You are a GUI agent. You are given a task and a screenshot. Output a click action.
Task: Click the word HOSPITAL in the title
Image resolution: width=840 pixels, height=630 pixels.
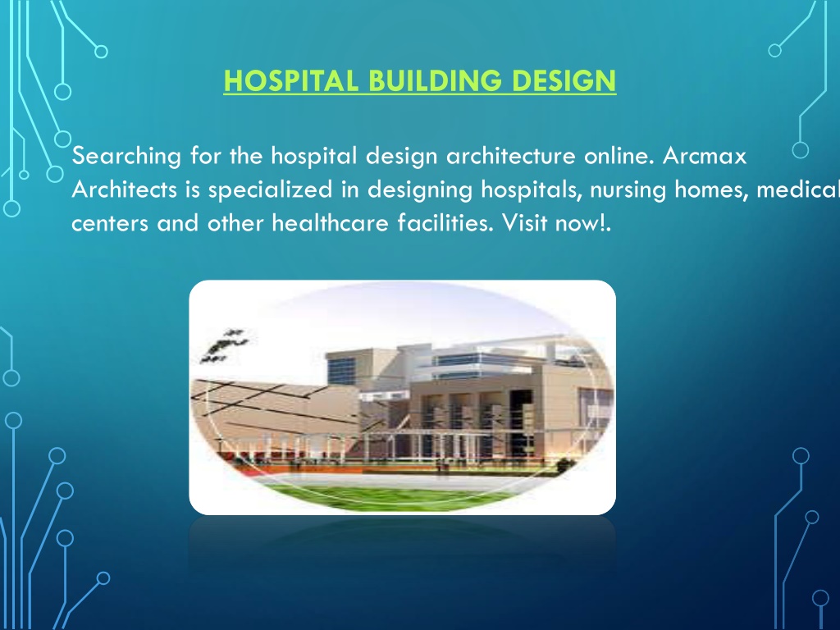(x=291, y=81)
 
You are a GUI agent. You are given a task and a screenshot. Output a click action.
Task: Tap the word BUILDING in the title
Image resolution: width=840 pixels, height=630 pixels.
(x=436, y=81)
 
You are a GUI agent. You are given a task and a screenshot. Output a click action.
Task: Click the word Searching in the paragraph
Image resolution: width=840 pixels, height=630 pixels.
(x=126, y=157)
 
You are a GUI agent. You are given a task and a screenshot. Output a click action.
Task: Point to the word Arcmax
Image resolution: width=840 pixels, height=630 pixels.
(x=705, y=156)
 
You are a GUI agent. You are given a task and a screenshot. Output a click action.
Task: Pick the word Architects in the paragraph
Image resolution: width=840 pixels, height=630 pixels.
(x=125, y=189)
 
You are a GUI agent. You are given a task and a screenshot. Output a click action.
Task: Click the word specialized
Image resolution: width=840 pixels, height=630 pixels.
(x=270, y=190)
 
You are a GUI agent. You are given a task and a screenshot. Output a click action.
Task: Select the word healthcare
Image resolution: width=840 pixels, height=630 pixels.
(x=330, y=223)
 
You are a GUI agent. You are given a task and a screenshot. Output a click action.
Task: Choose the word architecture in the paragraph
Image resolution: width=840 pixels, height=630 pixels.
(x=510, y=156)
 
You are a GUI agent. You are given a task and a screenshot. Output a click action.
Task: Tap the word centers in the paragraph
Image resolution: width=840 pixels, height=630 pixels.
(x=110, y=223)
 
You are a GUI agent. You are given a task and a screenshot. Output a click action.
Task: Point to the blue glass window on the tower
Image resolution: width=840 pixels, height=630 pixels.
(x=341, y=372)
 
